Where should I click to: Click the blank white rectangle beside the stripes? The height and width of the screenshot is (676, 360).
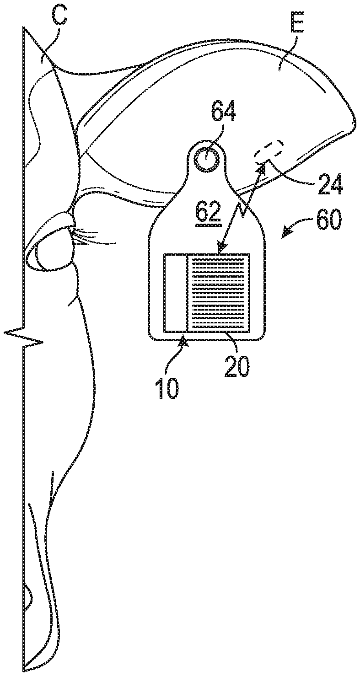click(176, 292)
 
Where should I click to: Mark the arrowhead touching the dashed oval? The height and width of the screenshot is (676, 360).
click(262, 170)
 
